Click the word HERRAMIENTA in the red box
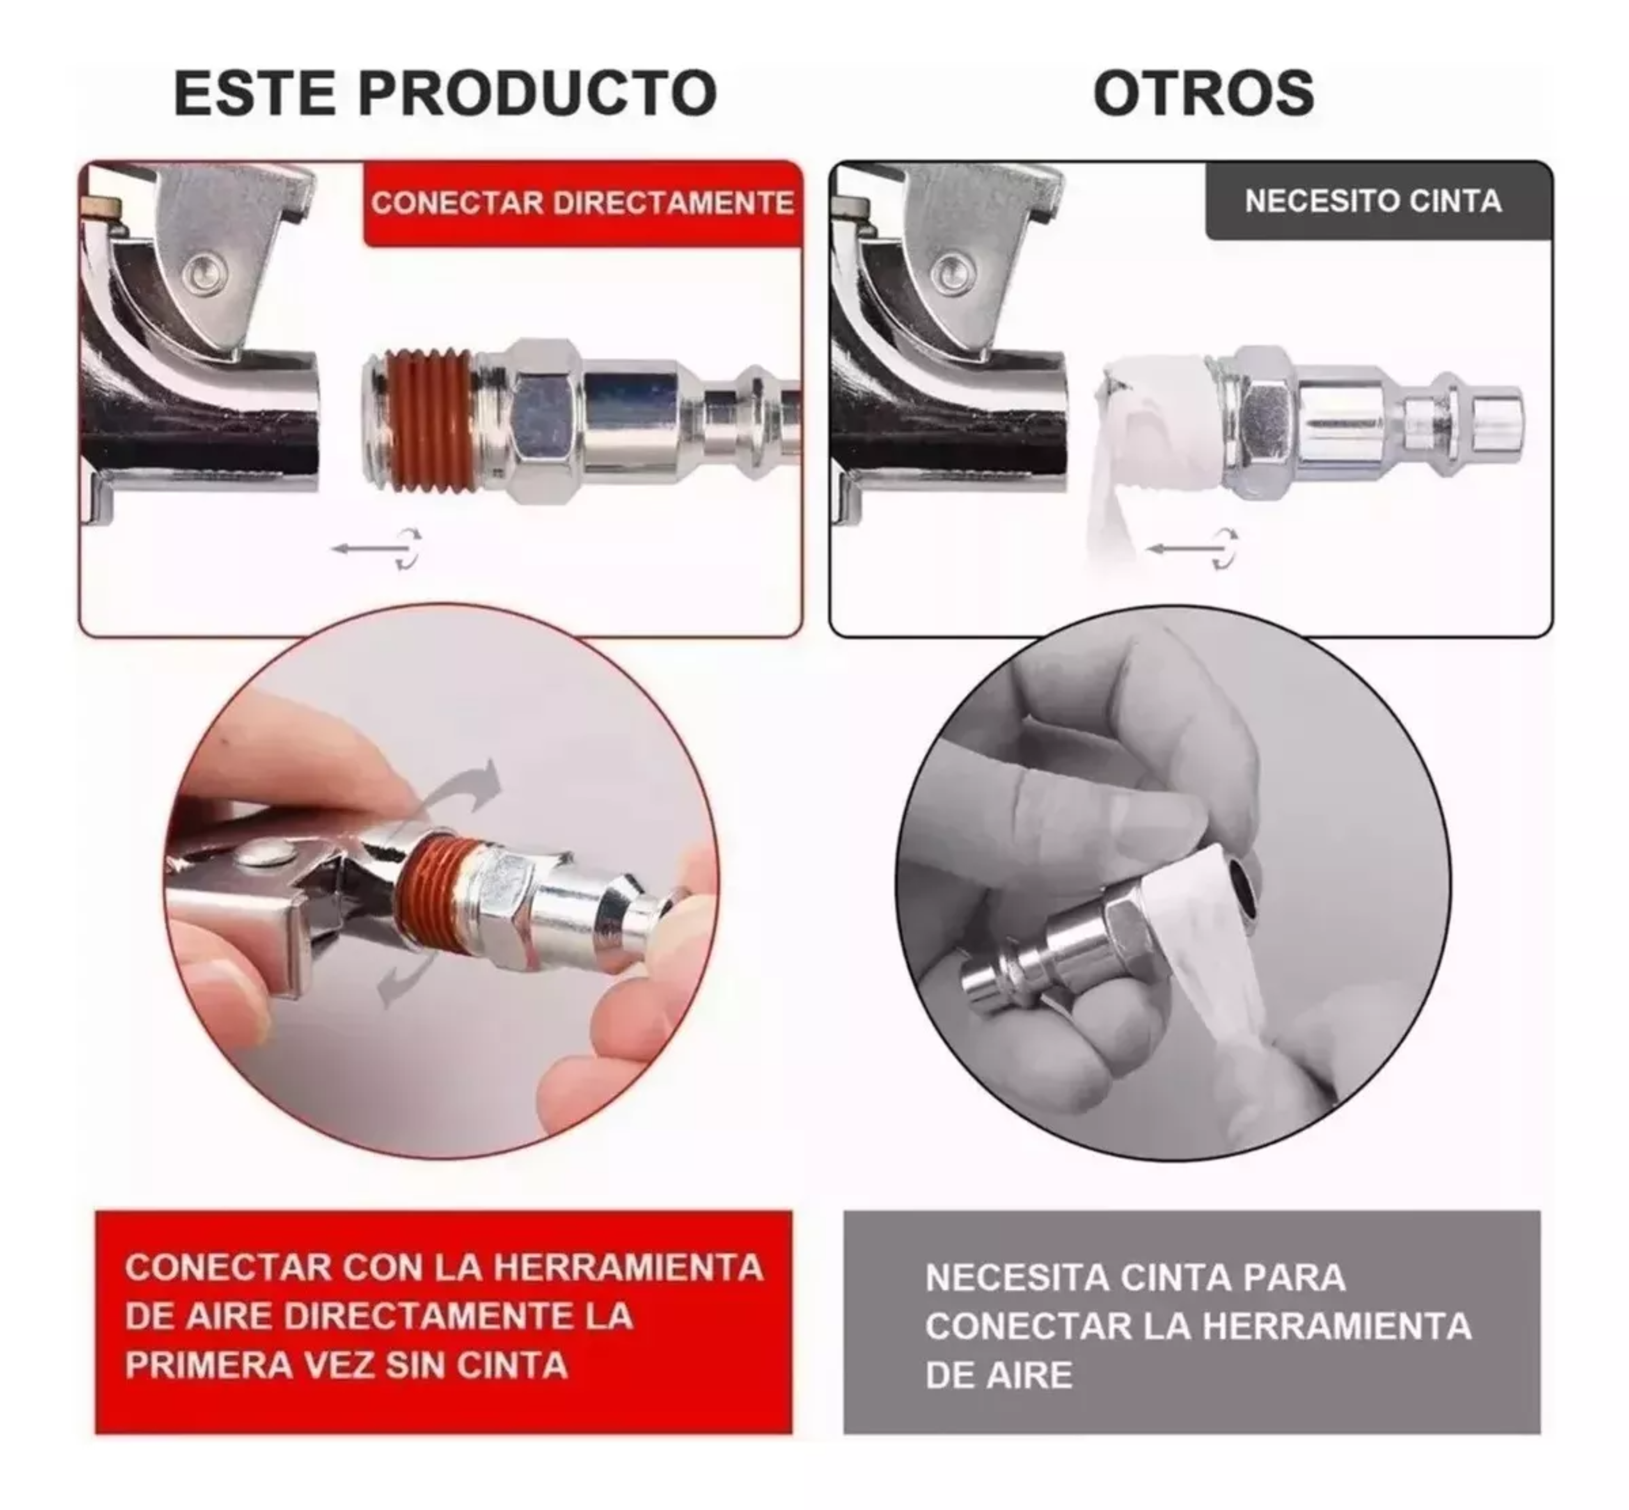coord(628,1267)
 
